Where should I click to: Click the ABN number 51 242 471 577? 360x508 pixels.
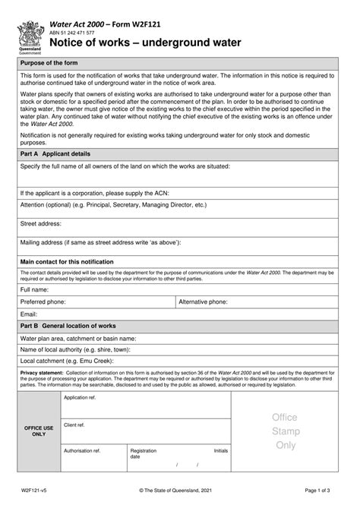(72, 33)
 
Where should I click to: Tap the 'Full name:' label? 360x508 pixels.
(36, 290)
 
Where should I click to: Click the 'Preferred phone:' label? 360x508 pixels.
(43, 301)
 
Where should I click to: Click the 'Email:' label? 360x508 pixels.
(29, 314)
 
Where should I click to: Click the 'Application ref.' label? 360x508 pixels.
(80, 398)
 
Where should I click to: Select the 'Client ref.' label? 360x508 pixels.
(74, 424)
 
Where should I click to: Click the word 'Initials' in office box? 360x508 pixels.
(220, 450)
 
